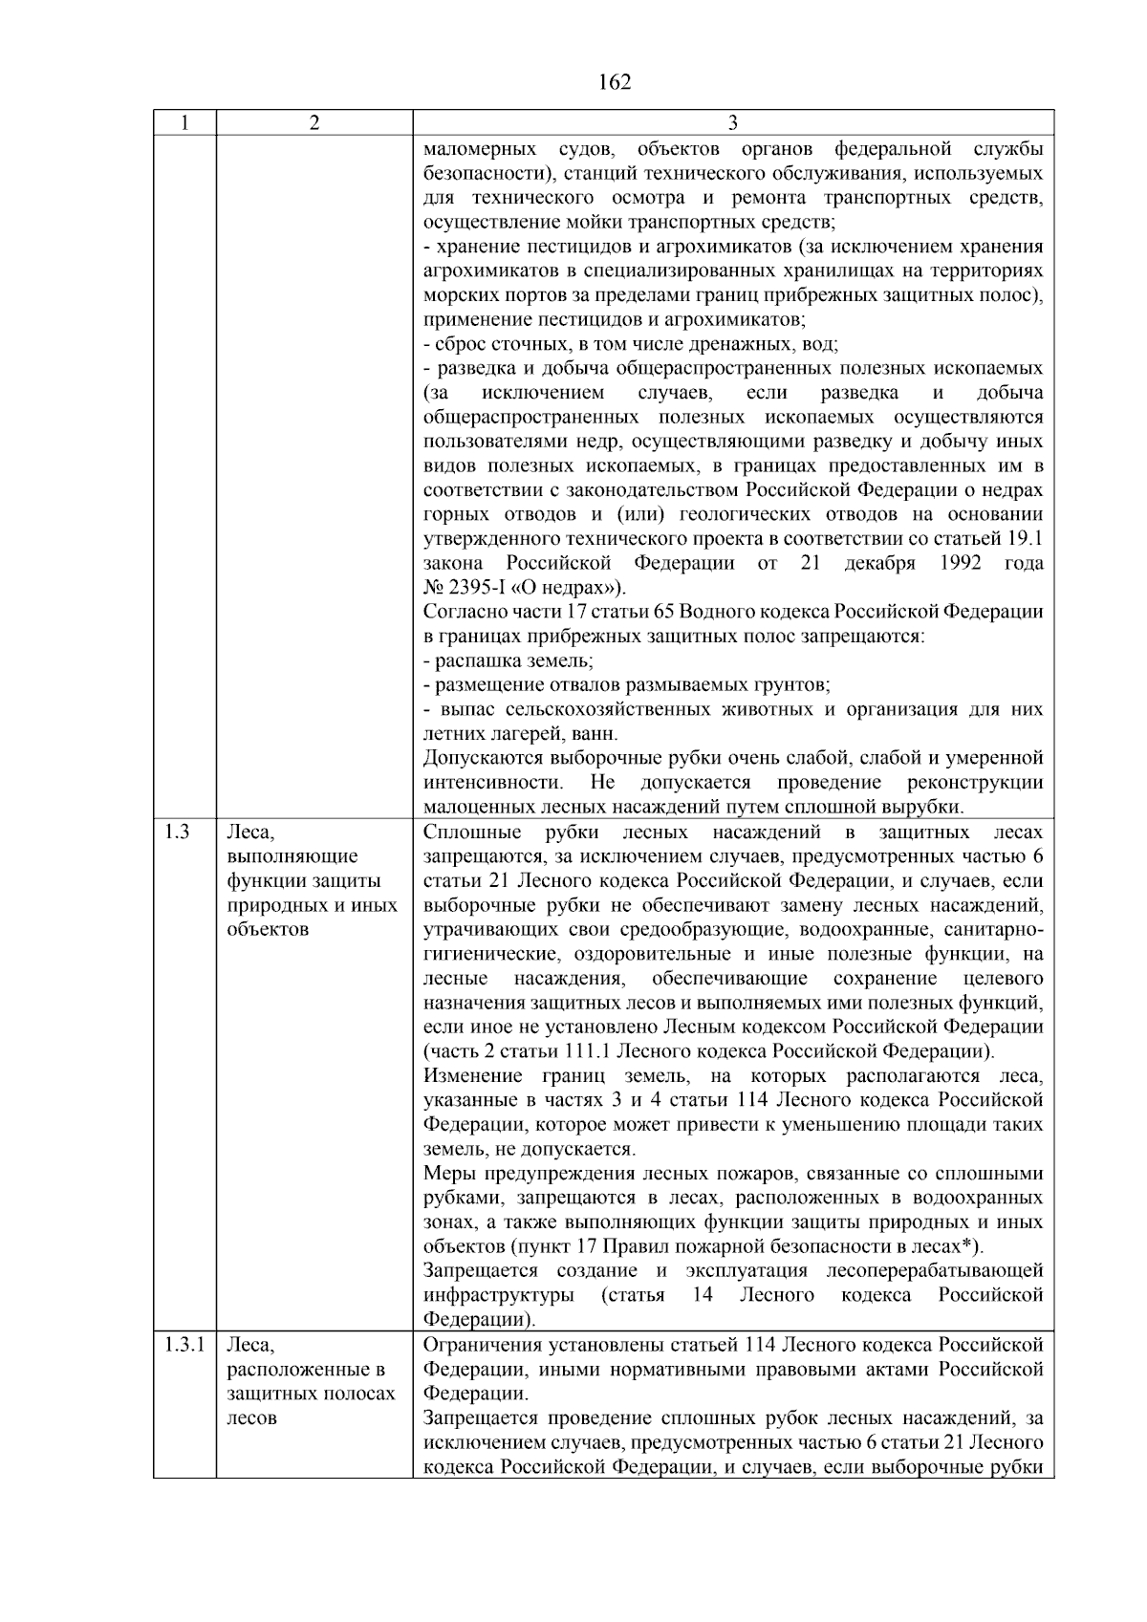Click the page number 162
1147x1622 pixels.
point(615,82)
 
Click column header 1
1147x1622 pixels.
point(184,122)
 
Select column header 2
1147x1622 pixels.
point(314,122)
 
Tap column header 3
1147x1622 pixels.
point(732,122)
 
